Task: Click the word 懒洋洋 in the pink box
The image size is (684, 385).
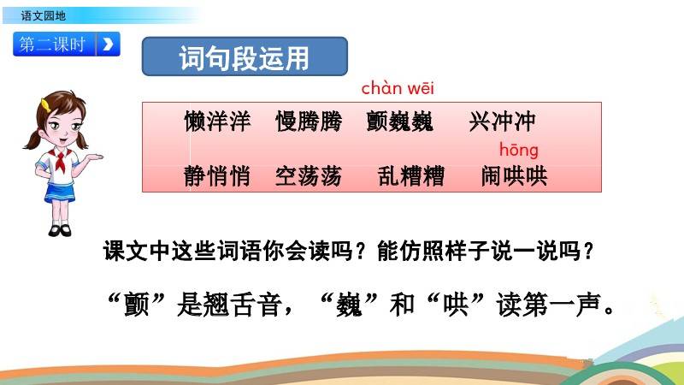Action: [x=217, y=121]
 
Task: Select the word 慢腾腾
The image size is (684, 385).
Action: [x=309, y=121]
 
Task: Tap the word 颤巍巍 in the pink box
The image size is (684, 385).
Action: [x=400, y=121]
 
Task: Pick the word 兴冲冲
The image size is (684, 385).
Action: [x=502, y=121]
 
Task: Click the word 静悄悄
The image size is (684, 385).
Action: [x=217, y=176]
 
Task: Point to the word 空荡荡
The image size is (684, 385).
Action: [x=309, y=176]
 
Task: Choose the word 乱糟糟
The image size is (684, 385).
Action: [x=411, y=176]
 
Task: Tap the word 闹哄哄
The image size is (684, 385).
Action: [x=514, y=176]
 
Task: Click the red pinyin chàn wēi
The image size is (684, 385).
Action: [x=398, y=89]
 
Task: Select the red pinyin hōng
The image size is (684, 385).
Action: [x=519, y=151]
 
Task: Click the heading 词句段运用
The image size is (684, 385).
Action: [x=245, y=57]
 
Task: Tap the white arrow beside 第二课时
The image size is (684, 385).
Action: [x=108, y=44]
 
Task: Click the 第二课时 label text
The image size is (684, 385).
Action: [x=52, y=44]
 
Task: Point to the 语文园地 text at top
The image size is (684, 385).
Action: [x=44, y=16]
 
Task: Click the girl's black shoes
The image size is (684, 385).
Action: [x=59, y=230]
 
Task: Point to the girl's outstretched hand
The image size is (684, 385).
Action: [x=94, y=157]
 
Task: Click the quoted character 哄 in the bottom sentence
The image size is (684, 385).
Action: [x=456, y=305]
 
